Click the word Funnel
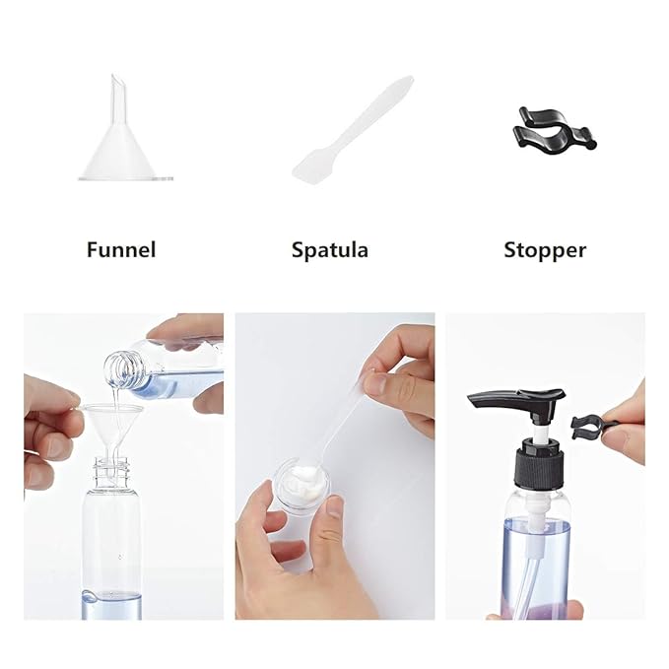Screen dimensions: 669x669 (121, 249)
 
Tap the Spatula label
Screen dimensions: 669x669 (330, 250)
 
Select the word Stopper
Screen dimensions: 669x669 (545, 250)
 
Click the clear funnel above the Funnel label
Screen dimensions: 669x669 (125, 141)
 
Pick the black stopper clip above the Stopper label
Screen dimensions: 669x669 (555, 131)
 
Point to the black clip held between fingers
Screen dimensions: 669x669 (589, 428)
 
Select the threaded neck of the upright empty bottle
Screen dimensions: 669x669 (111, 473)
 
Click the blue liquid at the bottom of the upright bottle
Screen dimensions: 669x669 (111, 606)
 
